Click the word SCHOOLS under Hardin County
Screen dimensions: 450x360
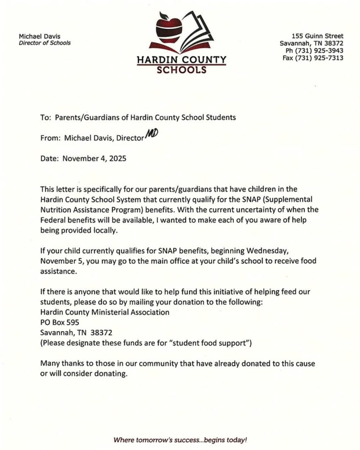181,69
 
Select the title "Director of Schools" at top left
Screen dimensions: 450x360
44,43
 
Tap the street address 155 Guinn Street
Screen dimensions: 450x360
317,36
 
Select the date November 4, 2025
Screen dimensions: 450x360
95,158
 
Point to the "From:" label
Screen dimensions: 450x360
50,138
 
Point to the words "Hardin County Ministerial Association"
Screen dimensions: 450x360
105,312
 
